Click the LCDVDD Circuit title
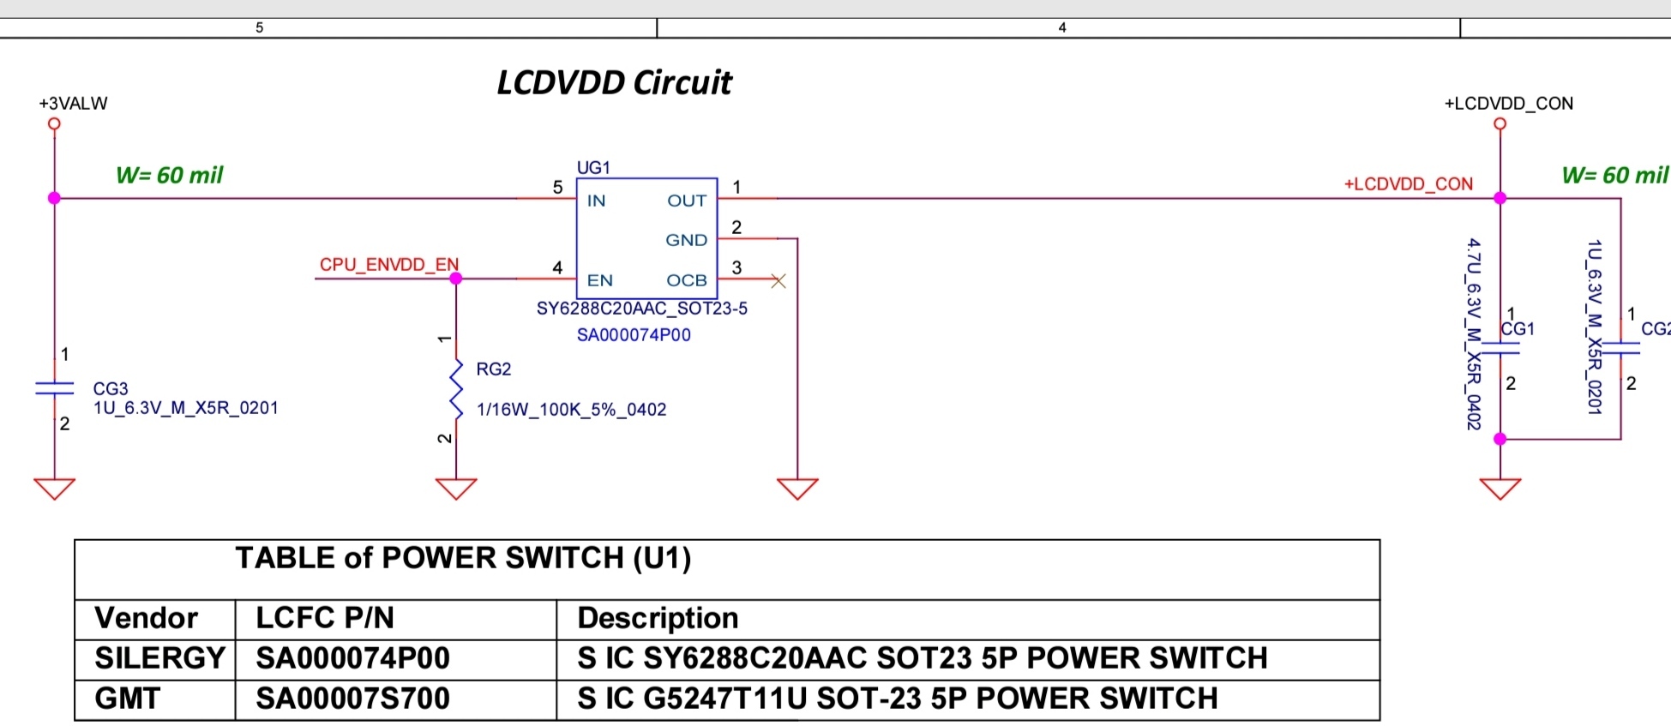(x=614, y=83)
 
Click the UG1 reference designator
(x=593, y=167)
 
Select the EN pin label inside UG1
(x=599, y=280)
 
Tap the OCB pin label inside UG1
(x=686, y=280)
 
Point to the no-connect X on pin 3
(x=778, y=280)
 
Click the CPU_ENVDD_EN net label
(x=388, y=264)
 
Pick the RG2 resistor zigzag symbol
(x=456, y=390)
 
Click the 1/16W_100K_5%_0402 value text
(x=571, y=410)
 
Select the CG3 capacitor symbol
(x=54, y=388)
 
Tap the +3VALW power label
(x=73, y=104)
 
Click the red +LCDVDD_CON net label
(x=1408, y=184)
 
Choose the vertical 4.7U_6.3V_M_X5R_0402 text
(x=1473, y=333)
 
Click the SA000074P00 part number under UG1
(x=634, y=335)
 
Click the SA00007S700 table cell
(x=352, y=699)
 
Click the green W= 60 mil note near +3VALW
(x=169, y=176)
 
